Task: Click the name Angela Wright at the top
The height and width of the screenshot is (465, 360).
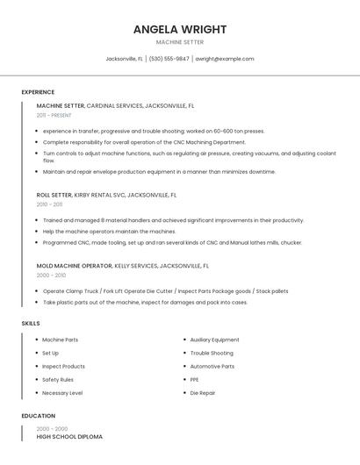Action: tap(180, 29)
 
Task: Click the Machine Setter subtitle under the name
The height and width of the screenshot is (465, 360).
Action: tap(180, 42)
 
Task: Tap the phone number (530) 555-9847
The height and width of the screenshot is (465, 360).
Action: tap(169, 59)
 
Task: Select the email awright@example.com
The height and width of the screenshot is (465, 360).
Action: tap(224, 59)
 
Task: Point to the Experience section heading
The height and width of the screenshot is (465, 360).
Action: tap(38, 92)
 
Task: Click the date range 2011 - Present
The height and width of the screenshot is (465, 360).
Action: tap(54, 115)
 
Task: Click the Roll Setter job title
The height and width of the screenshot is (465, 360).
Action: tap(54, 196)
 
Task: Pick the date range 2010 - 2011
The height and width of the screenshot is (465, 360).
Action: tap(49, 204)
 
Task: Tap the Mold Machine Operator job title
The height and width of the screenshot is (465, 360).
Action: tap(75, 265)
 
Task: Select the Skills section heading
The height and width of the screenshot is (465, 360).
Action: tap(31, 324)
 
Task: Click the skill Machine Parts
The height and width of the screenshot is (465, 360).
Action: tap(60, 340)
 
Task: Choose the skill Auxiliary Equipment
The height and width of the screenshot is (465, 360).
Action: tap(214, 340)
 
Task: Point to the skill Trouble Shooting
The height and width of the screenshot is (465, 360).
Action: tap(212, 353)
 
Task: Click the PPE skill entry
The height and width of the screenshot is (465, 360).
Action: tap(195, 379)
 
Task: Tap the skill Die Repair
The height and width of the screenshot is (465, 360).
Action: tap(203, 393)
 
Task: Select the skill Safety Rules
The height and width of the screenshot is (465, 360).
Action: tap(58, 379)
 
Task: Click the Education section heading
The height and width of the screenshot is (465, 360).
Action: tap(39, 416)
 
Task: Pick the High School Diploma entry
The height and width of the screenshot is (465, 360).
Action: tap(69, 436)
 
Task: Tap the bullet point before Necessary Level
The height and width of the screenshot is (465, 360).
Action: tap(36, 393)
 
